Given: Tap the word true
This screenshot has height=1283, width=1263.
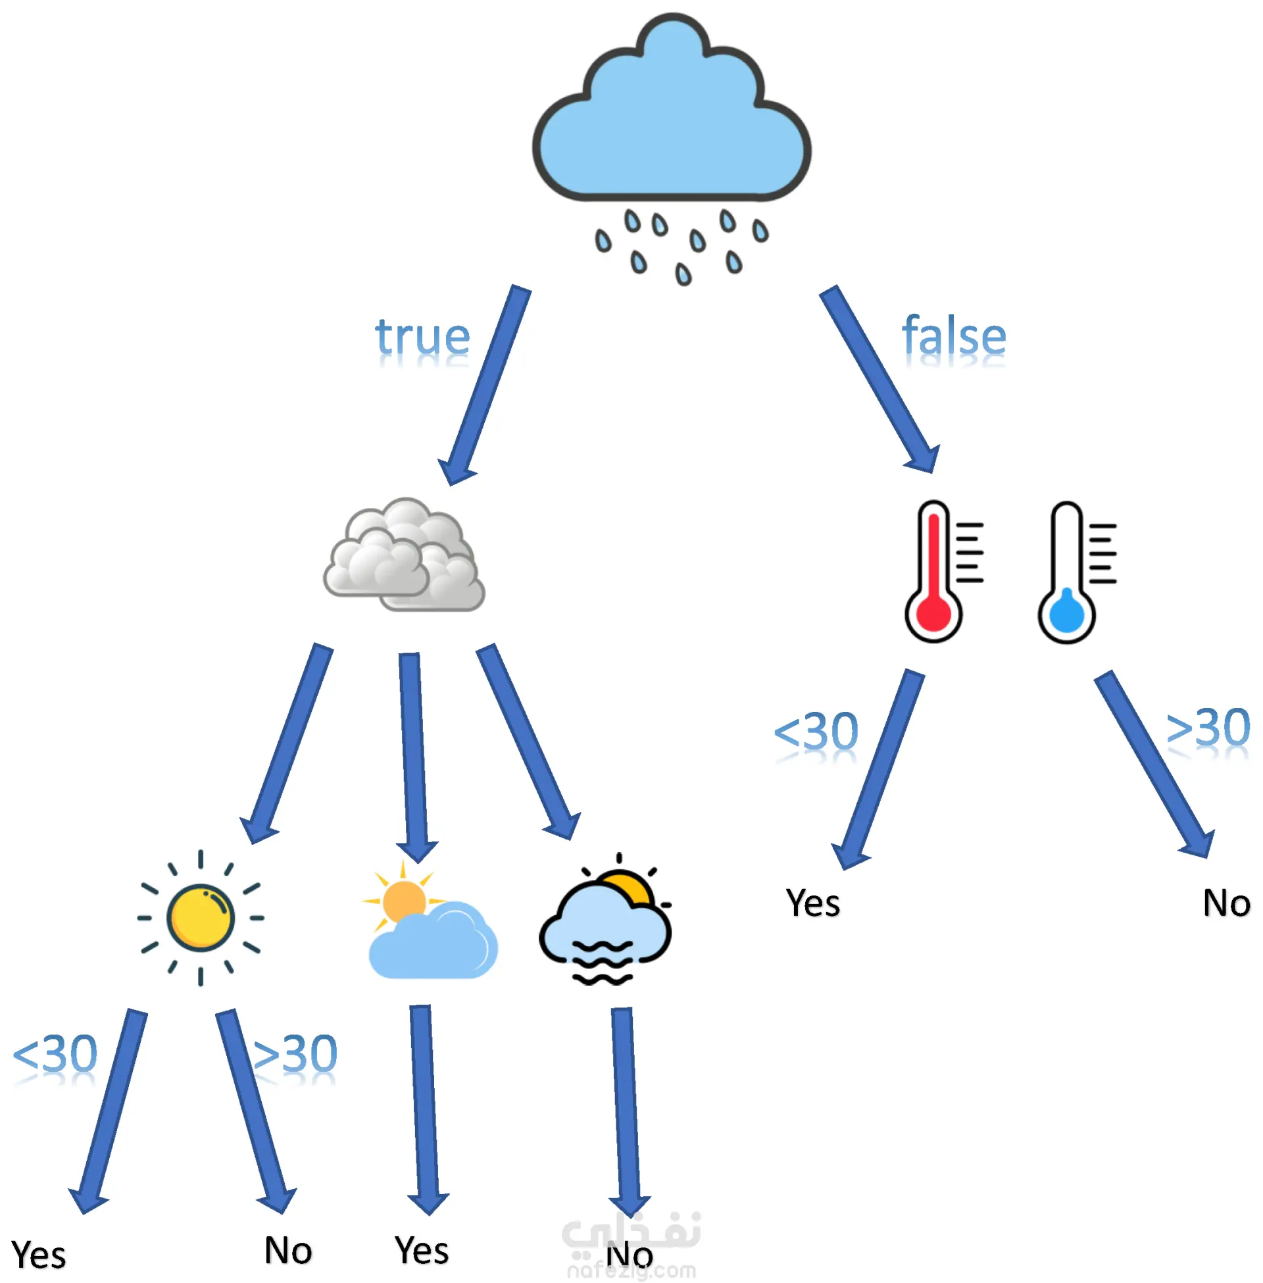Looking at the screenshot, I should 422,336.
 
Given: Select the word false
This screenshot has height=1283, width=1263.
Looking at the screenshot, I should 954,336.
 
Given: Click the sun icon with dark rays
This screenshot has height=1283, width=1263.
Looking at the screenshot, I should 201,918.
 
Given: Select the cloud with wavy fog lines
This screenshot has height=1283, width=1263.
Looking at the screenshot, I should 605,922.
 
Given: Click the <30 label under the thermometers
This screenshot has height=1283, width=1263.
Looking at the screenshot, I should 816,732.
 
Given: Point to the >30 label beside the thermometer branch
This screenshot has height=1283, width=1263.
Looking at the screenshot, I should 1207,728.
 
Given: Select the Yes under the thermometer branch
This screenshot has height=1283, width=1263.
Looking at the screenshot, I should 812,903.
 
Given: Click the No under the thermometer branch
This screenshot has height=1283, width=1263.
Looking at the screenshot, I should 1226,903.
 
